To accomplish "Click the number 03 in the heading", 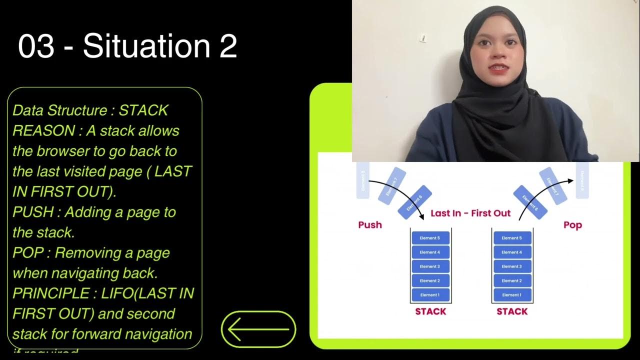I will [x=36, y=46].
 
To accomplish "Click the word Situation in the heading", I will [x=145, y=46].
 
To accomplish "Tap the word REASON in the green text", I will [x=43, y=131].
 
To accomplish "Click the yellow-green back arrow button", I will [x=258, y=329].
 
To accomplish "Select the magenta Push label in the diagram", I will [x=370, y=225].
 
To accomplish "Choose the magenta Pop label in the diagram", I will [x=572, y=225].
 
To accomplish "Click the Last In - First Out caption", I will [x=470, y=213].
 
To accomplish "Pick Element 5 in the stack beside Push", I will [x=430, y=238].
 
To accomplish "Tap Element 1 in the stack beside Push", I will [x=430, y=295].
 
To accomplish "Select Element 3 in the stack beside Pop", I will [x=511, y=266].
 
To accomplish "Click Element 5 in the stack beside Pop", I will [x=511, y=238].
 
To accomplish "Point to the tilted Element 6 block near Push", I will [x=414, y=203].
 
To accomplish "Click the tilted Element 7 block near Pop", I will [x=552, y=185].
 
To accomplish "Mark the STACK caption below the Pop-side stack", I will [x=512, y=311].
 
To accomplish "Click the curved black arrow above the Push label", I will [x=400, y=192].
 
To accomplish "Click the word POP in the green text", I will [x=28, y=253].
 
